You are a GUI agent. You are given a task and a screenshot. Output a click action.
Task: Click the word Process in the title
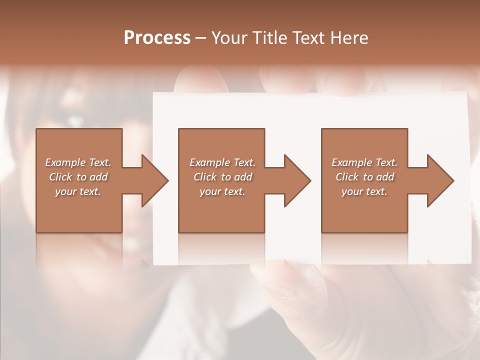point(157,38)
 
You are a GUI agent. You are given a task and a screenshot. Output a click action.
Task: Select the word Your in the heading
point(228,38)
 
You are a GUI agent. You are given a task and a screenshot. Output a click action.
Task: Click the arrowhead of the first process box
point(154,180)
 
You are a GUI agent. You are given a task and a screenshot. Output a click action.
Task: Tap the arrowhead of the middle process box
point(297,180)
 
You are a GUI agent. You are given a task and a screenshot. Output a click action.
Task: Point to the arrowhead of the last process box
point(440,180)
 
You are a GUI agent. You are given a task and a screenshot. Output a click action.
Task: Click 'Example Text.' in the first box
point(78,162)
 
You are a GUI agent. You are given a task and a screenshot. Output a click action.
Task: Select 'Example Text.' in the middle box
point(222,162)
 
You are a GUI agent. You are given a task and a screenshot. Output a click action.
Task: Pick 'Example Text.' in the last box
point(364,162)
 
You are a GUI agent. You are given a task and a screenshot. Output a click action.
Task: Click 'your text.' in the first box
point(78,191)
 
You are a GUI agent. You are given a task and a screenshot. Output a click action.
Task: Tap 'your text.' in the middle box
point(222,191)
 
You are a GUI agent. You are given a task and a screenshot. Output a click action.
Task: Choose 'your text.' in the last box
point(364,191)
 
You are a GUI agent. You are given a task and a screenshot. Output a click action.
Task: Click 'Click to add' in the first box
point(78,177)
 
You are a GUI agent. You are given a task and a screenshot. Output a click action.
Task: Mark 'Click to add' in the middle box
point(222,177)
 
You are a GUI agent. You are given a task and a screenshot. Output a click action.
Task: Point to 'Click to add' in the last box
point(364,177)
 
